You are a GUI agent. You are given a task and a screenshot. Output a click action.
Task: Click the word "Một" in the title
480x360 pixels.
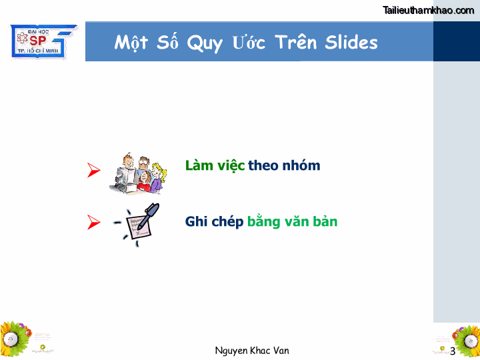131,43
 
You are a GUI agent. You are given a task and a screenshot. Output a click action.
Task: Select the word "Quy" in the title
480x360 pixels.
204,43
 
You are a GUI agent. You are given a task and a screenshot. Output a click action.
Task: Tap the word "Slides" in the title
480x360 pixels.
351,42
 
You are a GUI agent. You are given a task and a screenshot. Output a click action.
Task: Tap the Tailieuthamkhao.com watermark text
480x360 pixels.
429,9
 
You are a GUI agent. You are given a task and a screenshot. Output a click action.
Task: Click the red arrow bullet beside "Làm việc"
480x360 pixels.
94,170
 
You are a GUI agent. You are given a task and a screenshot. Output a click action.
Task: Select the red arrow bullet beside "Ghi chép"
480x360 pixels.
94,223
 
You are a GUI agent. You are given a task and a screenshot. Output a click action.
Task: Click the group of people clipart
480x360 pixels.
137,172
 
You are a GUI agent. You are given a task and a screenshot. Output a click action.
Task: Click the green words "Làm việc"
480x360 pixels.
215,165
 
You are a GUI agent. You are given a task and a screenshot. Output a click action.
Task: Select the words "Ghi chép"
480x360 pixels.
214,221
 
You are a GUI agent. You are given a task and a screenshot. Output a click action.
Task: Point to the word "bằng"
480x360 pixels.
263,221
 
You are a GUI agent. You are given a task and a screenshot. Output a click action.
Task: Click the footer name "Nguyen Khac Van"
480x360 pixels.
252,351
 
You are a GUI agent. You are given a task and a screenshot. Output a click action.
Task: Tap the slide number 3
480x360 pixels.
453,351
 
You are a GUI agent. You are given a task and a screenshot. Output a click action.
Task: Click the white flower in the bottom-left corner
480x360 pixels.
10,338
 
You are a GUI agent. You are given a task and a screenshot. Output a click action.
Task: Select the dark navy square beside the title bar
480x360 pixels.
456,41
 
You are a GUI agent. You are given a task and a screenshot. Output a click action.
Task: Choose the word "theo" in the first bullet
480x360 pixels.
263,165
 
